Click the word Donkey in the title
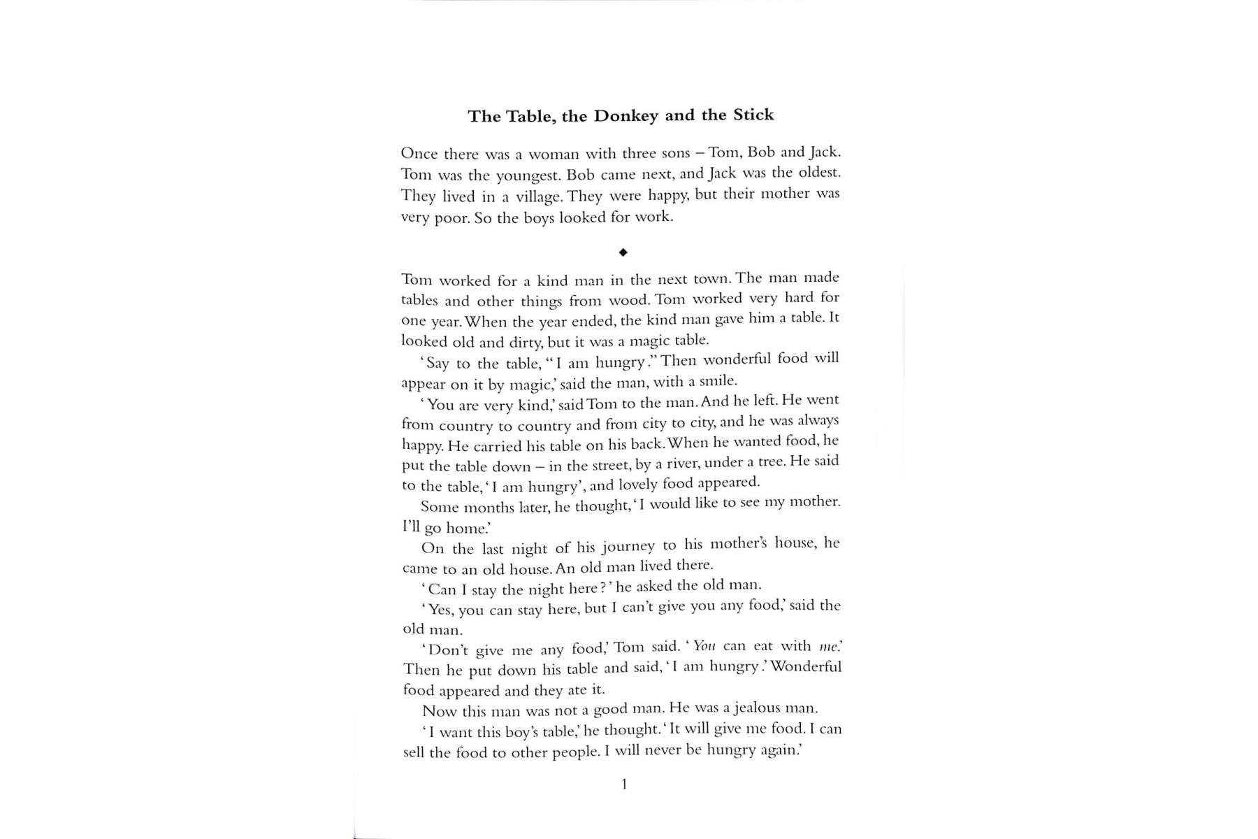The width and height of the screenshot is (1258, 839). tap(626, 116)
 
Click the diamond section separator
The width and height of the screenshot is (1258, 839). tap(623, 252)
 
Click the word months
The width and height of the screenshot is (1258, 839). tap(489, 508)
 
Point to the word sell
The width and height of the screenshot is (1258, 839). tap(413, 752)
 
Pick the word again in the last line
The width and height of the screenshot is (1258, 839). tap(778, 750)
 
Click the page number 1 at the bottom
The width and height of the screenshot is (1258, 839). tap(624, 784)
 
